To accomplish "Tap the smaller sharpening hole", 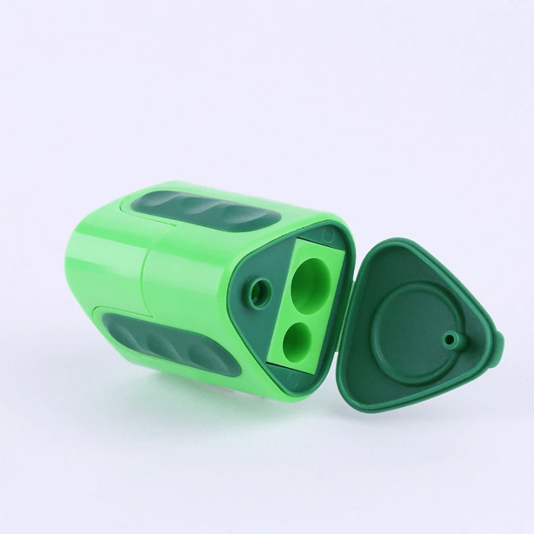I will pyautogui.click(x=300, y=338).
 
